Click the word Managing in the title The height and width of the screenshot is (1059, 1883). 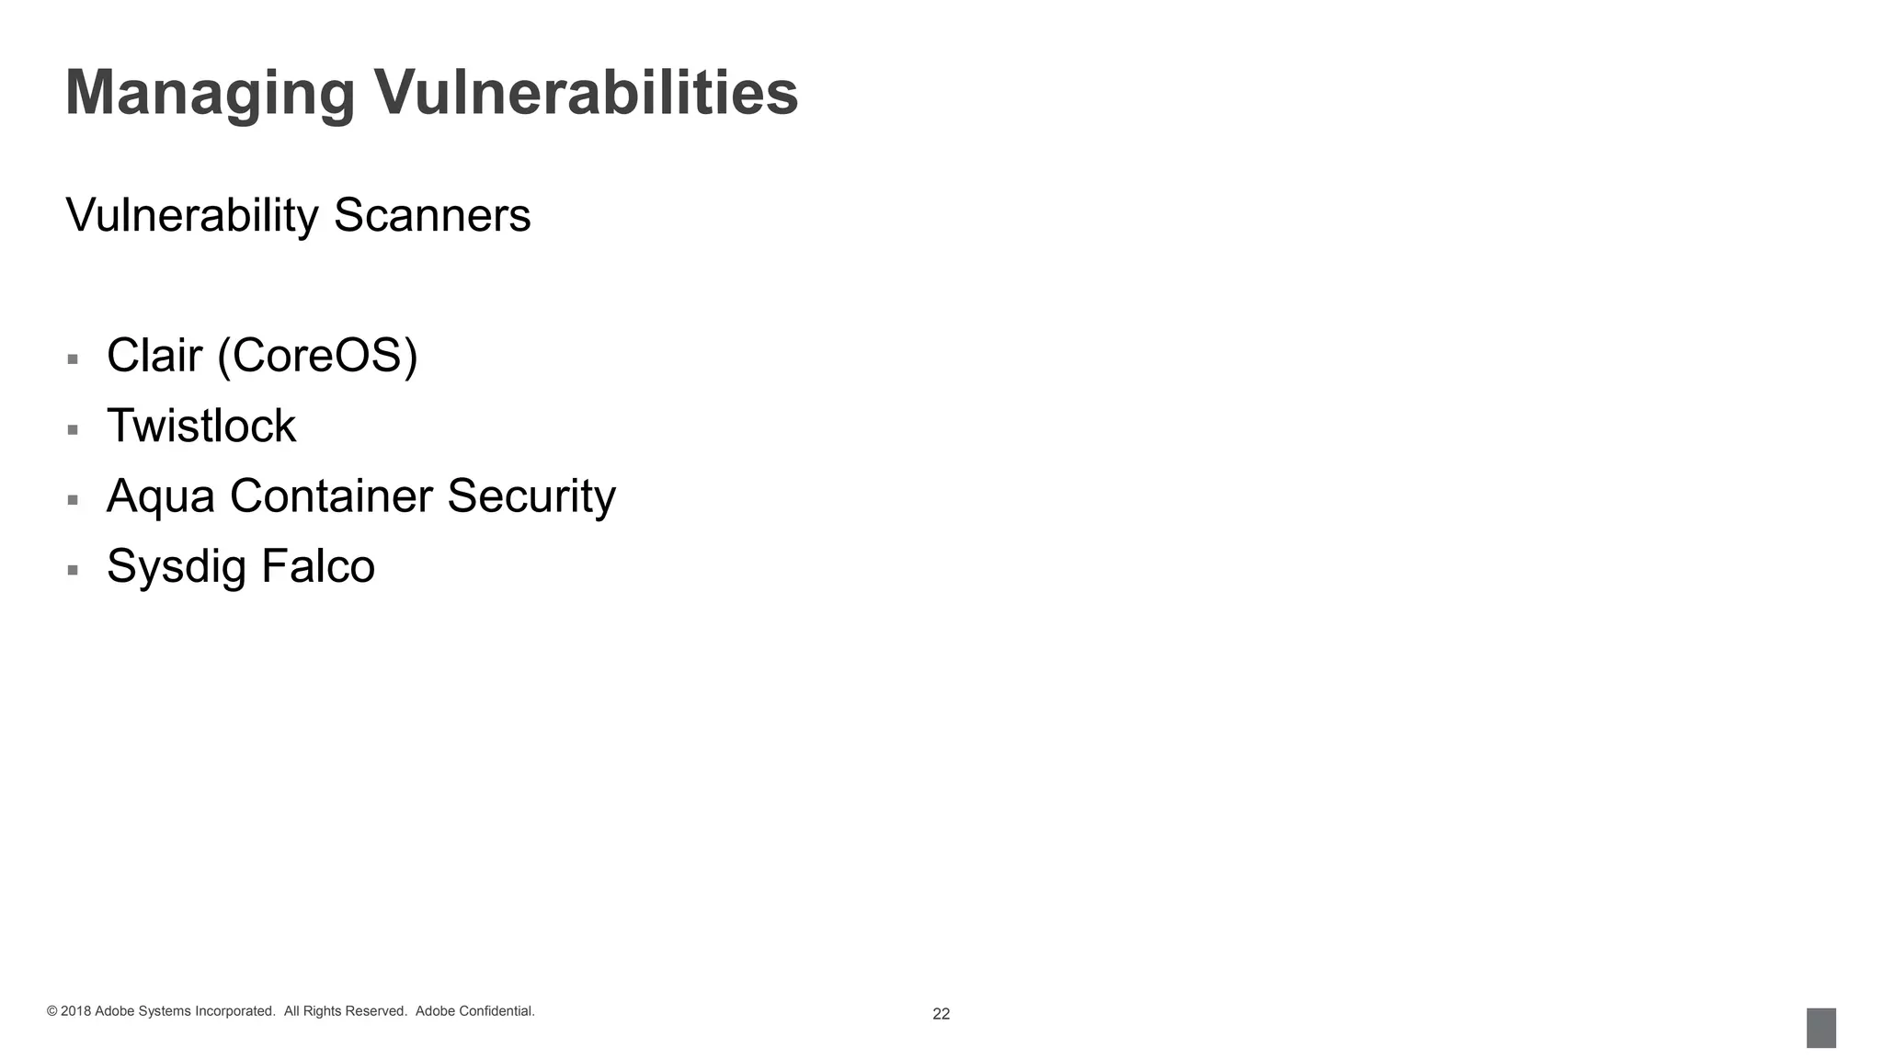[x=210, y=94]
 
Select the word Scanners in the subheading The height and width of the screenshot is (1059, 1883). [x=431, y=215]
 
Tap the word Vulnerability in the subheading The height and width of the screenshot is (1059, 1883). [x=191, y=215]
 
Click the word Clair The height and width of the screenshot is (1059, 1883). [x=154, y=355]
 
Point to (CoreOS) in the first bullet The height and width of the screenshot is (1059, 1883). [x=317, y=356]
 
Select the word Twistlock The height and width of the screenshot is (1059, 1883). [x=201, y=426]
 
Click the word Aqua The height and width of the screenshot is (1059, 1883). [x=160, y=496]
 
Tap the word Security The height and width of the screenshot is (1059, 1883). [x=531, y=496]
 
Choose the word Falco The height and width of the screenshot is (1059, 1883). [x=318, y=565]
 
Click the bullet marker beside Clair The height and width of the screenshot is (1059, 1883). [x=73, y=359]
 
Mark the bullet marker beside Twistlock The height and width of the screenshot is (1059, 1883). [x=73, y=429]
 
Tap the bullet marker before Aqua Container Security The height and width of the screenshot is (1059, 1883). [x=73, y=500]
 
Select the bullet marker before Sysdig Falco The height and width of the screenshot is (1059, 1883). [x=73, y=570]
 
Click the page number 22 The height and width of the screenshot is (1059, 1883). [x=941, y=1014]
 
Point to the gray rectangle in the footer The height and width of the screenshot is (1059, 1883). [x=1820, y=1028]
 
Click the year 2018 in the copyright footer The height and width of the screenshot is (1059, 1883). [x=75, y=1011]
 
